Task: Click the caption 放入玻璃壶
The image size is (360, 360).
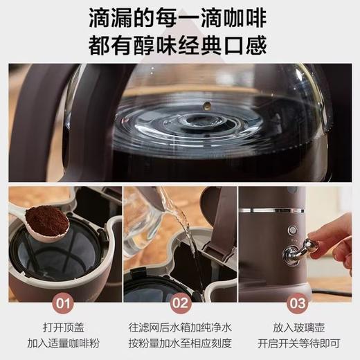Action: pos(298,325)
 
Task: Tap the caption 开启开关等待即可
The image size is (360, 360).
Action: pos(298,343)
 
